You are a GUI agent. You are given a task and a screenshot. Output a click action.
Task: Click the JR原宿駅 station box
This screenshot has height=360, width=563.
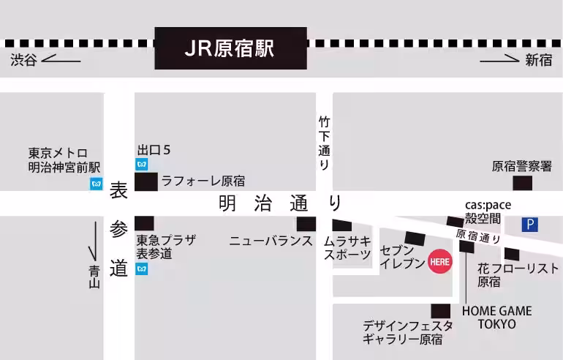(x=230, y=48)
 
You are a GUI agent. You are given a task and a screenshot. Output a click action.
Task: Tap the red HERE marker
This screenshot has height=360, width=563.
(x=439, y=260)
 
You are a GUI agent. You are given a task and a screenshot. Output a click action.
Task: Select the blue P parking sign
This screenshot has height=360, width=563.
(x=529, y=225)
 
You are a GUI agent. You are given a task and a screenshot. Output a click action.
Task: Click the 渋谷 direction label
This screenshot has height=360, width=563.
(x=23, y=61)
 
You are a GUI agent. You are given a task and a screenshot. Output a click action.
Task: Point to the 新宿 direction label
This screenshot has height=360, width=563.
(x=539, y=61)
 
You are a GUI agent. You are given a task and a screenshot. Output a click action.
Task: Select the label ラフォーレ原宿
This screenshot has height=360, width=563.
(x=203, y=181)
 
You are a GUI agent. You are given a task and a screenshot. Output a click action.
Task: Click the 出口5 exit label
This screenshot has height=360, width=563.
(x=154, y=150)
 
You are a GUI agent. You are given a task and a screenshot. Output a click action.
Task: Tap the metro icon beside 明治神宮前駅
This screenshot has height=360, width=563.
(x=96, y=184)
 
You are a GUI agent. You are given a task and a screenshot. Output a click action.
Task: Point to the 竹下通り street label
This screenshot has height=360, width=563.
(x=324, y=143)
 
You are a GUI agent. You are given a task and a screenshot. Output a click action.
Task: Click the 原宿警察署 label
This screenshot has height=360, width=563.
(x=521, y=167)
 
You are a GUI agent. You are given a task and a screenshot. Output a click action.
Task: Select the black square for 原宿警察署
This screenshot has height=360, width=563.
(x=522, y=183)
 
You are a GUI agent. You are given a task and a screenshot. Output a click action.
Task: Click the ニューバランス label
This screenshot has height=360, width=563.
(x=271, y=241)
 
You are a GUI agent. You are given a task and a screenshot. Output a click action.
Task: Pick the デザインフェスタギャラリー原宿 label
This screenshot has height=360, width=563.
(x=407, y=332)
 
